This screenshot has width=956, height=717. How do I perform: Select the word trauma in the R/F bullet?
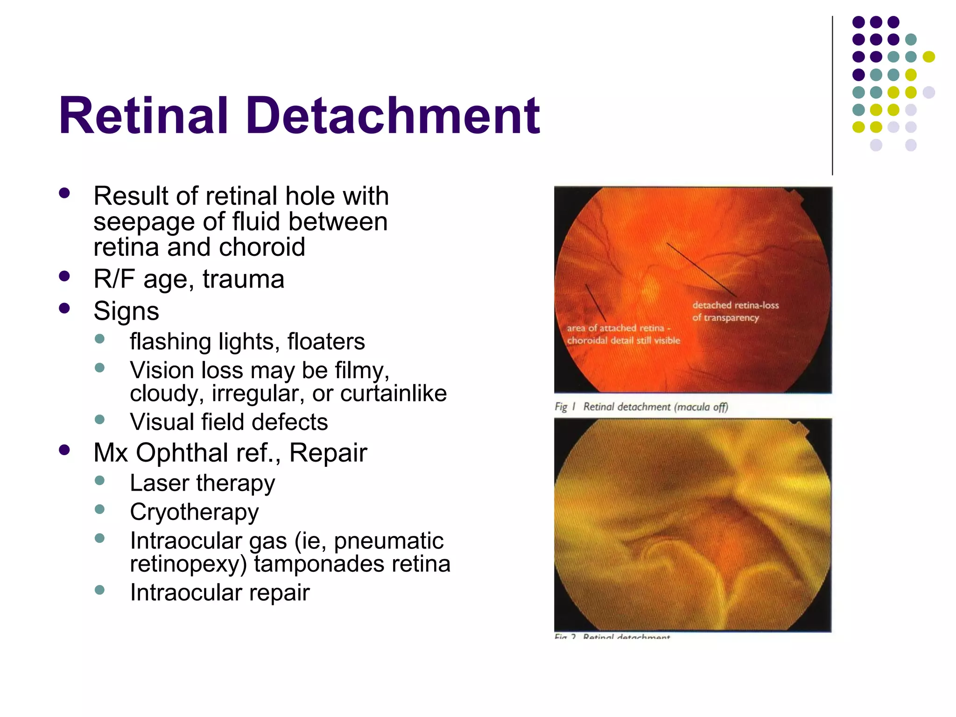pos(243,280)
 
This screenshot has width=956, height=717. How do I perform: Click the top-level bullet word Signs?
pos(126,311)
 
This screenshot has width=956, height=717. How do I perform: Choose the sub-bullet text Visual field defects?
pos(229,422)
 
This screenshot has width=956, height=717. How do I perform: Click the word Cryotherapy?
pos(194,512)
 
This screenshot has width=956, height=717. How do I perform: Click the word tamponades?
pos(319,564)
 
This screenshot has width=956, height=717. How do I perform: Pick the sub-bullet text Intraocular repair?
pos(219,593)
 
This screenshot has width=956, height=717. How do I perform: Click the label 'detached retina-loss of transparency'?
pos(735,311)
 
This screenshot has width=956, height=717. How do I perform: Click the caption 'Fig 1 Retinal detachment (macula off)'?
pos(641,407)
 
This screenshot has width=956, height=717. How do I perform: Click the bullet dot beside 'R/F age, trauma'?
pos(64,276)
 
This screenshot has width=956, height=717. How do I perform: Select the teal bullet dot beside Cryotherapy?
pos(99,509)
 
